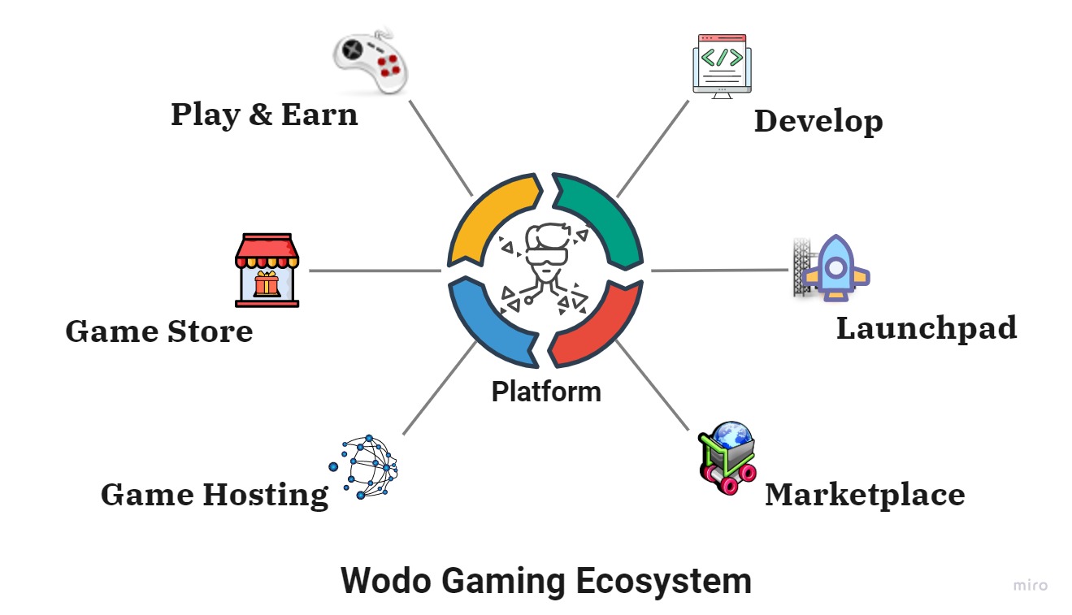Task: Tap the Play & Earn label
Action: tap(264, 115)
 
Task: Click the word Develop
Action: tap(818, 122)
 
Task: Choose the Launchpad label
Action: tap(926, 328)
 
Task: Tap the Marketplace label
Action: tap(865, 494)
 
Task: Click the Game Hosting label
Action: tap(215, 494)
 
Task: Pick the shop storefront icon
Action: tap(267, 271)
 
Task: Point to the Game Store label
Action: tap(159, 331)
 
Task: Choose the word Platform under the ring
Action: tap(545, 392)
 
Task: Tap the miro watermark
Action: tap(1030, 585)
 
